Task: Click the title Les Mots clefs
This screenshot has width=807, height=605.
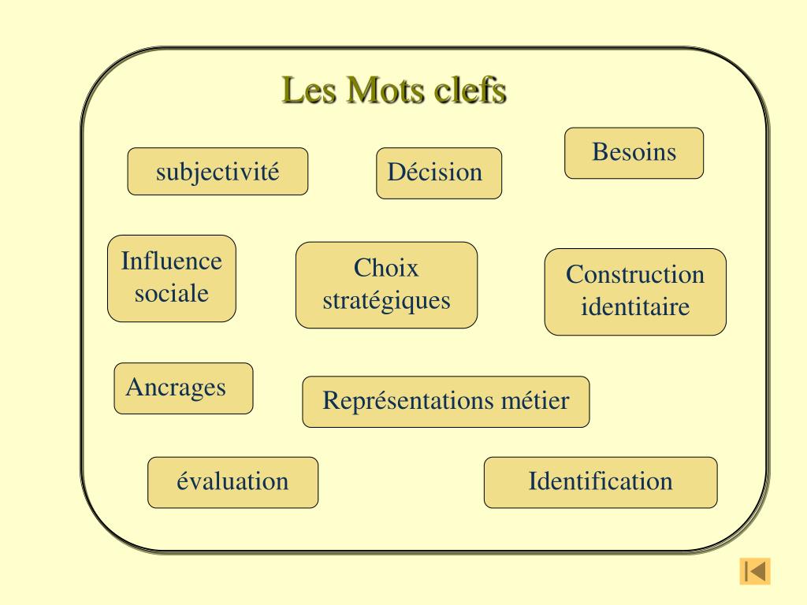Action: [x=394, y=91]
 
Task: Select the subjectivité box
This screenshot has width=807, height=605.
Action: [x=218, y=171]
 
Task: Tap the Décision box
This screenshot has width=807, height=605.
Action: [x=439, y=173]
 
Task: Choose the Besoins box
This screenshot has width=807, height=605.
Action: [x=634, y=153]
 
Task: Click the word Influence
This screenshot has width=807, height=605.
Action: [x=172, y=261]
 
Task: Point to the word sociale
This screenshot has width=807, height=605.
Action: [x=172, y=294]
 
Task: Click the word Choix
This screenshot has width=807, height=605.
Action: [x=386, y=268]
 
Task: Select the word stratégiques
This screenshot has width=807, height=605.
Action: [x=386, y=300]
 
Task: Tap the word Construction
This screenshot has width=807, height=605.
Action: [x=635, y=275]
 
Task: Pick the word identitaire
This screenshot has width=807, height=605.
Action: [x=635, y=306]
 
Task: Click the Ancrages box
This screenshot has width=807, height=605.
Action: [x=183, y=388]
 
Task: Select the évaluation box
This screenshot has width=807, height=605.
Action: [x=232, y=481]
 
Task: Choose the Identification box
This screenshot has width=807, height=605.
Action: [x=601, y=481]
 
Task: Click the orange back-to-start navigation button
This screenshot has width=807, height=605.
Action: [x=754, y=570]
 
